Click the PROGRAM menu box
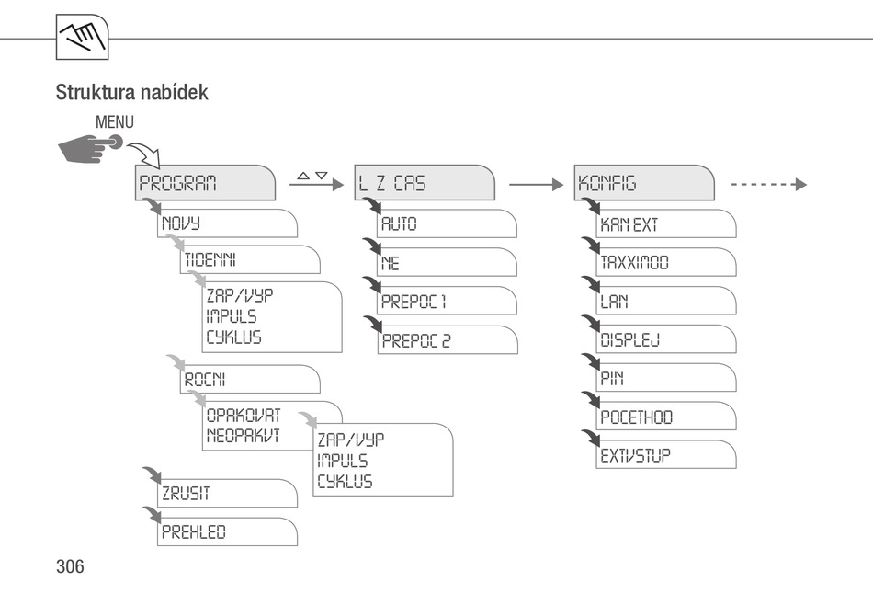click(x=205, y=183)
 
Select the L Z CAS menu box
click(x=425, y=183)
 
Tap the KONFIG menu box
click(x=644, y=183)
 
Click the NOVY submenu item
click(x=227, y=223)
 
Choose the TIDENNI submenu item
click(x=250, y=259)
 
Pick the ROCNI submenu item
click(x=250, y=380)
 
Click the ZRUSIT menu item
click(x=227, y=493)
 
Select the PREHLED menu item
click(x=227, y=531)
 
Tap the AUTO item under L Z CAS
click(x=447, y=223)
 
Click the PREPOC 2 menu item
click(x=448, y=340)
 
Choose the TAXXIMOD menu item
click(x=666, y=262)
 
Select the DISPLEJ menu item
click(x=666, y=338)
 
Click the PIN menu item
click(x=666, y=378)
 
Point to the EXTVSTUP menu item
click(x=666, y=454)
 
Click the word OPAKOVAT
click(x=244, y=415)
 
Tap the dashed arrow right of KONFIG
click(x=769, y=185)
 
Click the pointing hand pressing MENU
click(x=90, y=148)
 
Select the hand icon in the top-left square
click(x=83, y=37)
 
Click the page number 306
click(x=70, y=566)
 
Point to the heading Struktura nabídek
click(x=132, y=93)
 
